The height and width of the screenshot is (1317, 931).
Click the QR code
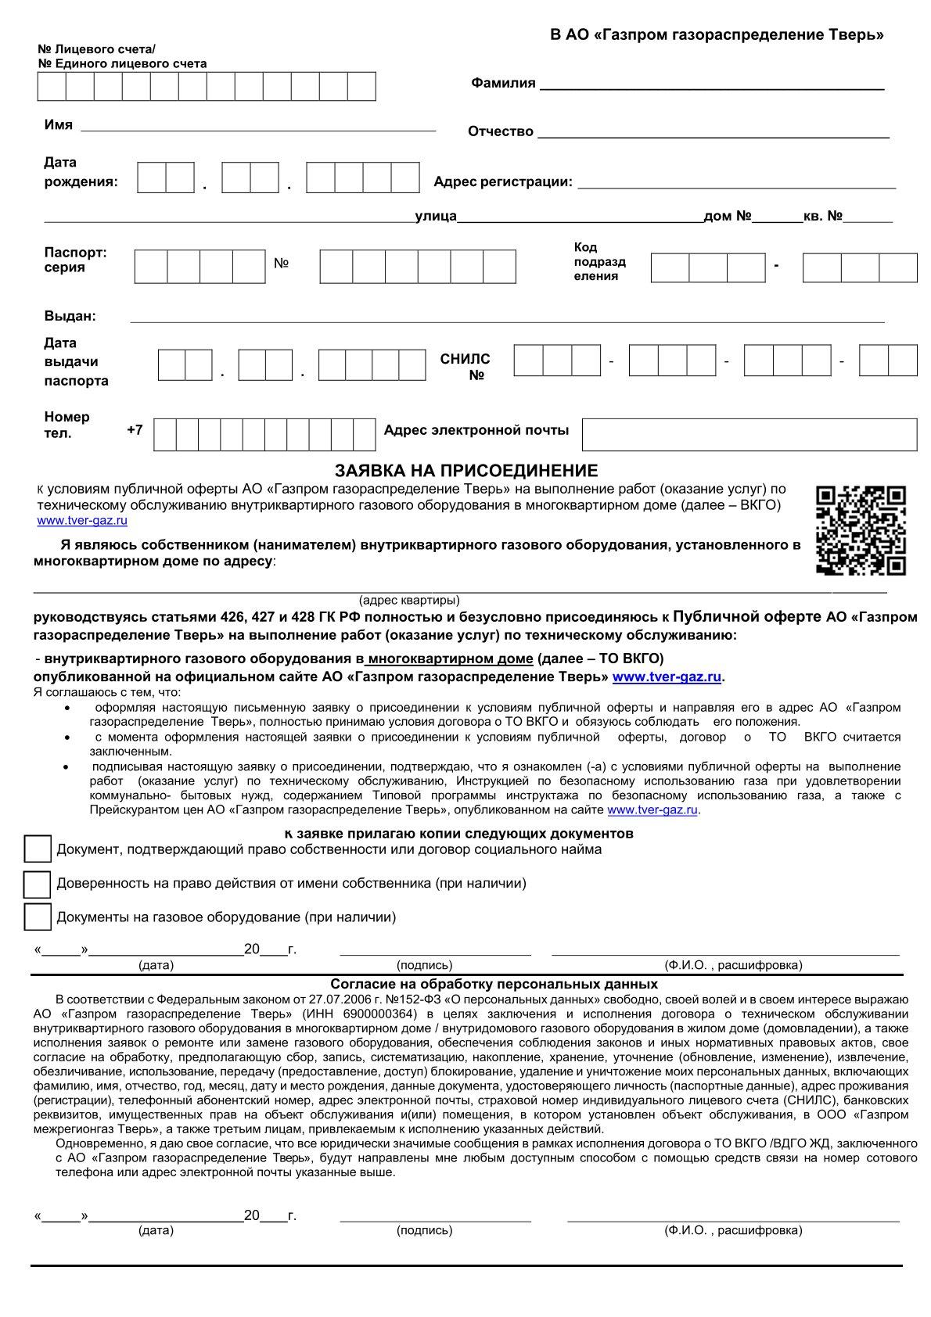coord(860,530)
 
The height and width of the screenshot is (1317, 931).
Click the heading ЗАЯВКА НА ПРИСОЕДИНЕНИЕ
coord(466,470)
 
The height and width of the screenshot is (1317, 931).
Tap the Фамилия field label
coord(503,83)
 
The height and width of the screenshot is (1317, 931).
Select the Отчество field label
coord(501,131)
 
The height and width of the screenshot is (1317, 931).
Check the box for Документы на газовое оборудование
coord(37,917)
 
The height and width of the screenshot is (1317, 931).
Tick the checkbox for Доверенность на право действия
coord(37,884)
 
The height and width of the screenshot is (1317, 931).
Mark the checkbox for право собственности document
coord(37,849)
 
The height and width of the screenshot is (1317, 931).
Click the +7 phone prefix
coord(135,430)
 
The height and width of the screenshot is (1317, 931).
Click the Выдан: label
coord(70,316)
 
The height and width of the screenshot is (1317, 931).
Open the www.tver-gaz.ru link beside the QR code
coord(82,520)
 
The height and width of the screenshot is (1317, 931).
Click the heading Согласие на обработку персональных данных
coord(494,984)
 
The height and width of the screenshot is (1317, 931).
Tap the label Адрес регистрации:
coord(503,182)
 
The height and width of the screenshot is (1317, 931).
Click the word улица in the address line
coord(436,217)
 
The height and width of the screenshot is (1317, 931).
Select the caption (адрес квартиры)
coord(409,601)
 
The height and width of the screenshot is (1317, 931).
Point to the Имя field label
coord(59,125)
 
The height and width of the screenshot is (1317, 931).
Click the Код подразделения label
coord(600,262)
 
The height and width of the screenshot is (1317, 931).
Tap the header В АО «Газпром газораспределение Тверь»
coord(717,35)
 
